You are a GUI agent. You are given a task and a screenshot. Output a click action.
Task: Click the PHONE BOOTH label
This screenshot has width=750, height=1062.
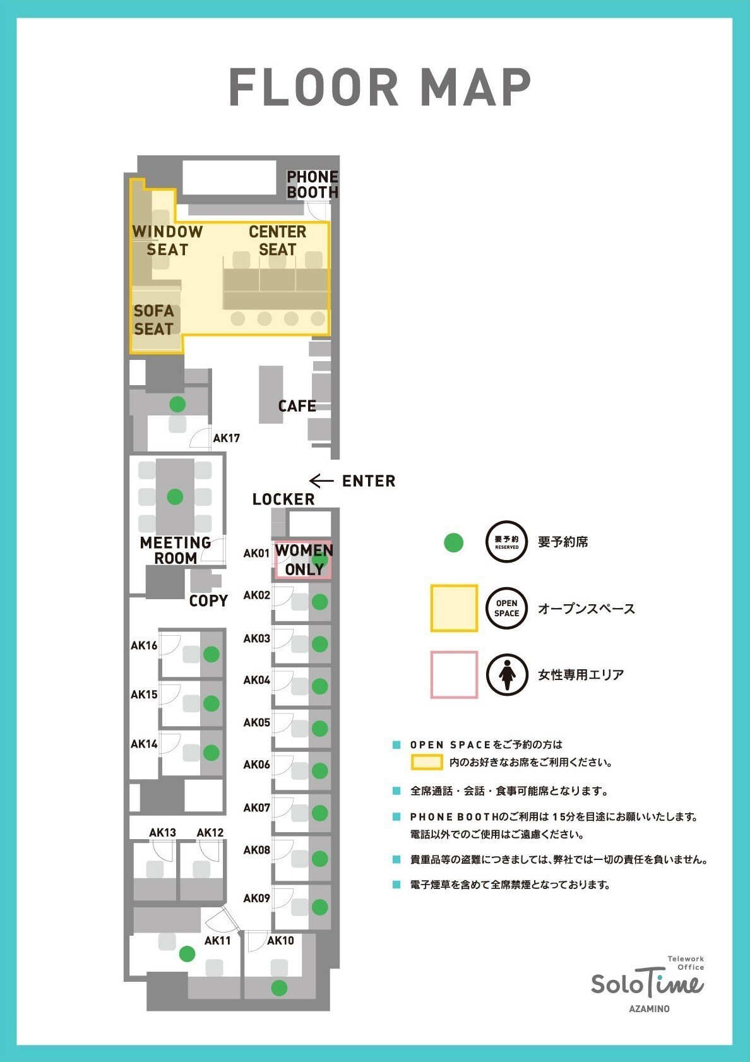tap(312, 184)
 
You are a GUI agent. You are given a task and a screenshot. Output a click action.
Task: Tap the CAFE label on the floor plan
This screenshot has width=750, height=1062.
tap(297, 406)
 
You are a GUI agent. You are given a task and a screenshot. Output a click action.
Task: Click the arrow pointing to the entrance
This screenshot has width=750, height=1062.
tap(321, 480)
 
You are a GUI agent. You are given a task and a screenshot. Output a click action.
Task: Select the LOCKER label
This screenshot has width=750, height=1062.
tap(283, 499)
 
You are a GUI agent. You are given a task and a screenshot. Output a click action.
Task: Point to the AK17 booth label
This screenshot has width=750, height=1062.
tap(227, 438)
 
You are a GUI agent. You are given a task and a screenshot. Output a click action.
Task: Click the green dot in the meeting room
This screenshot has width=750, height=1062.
tap(175, 497)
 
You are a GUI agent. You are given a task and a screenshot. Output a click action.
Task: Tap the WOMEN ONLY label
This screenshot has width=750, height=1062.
tap(304, 560)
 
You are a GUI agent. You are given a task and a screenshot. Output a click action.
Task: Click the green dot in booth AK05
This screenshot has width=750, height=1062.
tap(320, 728)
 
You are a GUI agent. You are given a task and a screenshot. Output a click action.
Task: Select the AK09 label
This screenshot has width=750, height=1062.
tap(256, 898)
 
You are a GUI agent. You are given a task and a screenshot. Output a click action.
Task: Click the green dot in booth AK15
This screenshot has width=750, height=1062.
tap(211, 703)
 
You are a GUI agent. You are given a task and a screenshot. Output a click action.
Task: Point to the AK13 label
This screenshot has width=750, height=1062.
tap(163, 833)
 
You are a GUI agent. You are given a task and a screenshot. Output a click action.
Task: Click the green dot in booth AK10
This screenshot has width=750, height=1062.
tap(279, 987)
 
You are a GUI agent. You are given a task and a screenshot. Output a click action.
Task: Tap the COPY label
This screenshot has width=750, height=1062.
tap(208, 600)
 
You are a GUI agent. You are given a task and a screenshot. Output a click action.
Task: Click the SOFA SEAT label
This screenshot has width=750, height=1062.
tap(154, 320)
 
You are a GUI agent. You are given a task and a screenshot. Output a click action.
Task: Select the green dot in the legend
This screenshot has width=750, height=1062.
tap(454, 543)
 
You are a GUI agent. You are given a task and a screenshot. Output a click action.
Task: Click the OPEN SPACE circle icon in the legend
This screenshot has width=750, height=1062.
tap(506, 608)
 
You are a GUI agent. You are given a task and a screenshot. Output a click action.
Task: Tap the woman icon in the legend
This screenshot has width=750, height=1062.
tap(507, 674)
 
